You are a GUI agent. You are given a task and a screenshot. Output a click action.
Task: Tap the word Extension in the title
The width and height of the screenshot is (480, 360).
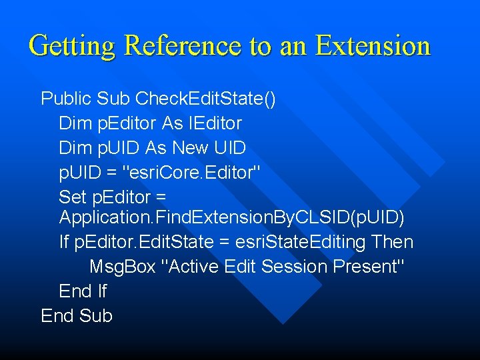[x=373, y=46]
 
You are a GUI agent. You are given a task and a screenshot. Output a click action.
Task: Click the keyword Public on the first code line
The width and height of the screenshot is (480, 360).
[x=66, y=99]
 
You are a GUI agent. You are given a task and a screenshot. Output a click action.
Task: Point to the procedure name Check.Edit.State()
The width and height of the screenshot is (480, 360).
[x=205, y=99]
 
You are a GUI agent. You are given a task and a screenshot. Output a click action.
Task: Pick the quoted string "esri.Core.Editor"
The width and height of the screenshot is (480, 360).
[x=193, y=172]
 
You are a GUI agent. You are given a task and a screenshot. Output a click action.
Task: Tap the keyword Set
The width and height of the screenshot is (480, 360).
[x=72, y=197]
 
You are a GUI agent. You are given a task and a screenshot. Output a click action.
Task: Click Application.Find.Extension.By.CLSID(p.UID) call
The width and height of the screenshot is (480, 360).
[x=232, y=217]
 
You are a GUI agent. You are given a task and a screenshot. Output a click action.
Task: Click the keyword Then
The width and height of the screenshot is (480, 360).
[x=393, y=242]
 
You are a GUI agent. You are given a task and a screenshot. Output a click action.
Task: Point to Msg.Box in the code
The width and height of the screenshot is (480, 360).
[x=123, y=267]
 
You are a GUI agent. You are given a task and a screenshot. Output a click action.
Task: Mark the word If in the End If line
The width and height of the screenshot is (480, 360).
[x=102, y=291]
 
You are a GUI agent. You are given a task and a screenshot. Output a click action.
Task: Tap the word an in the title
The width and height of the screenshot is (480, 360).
[x=293, y=46]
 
